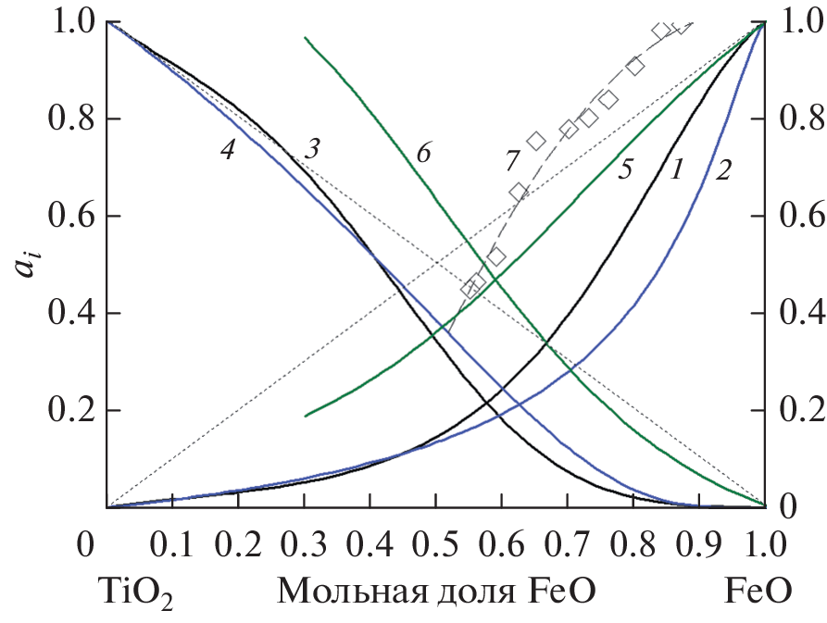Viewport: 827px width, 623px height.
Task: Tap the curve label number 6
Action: click(422, 154)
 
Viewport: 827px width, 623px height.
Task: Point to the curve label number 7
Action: click(512, 161)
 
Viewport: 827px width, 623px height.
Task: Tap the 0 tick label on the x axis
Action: click(86, 545)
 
